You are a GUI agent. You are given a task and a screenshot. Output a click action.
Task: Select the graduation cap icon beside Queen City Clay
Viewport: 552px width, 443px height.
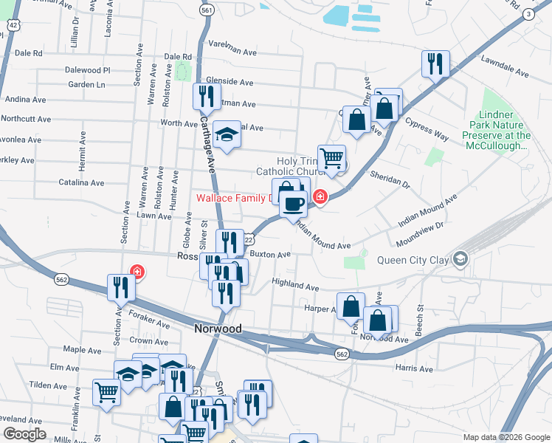tap(461, 258)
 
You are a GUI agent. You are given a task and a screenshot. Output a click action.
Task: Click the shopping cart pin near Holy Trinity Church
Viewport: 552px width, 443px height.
tap(332, 158)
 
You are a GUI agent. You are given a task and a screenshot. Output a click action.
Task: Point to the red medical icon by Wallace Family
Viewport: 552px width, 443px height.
tap(320, 196)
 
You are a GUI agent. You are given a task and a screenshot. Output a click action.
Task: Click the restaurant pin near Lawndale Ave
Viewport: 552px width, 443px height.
tap(435, 64)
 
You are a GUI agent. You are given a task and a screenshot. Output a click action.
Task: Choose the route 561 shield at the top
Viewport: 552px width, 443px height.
tap(207, 10)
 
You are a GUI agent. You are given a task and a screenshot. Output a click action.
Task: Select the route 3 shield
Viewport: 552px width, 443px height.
tap(528, 14)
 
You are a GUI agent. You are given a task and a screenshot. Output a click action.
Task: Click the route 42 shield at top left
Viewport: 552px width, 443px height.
tap(13, 24)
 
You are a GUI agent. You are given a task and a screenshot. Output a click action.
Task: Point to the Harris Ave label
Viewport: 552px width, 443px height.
tap(413, 367)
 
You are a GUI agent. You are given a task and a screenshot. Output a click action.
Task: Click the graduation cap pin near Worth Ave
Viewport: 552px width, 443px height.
tap(227, 135)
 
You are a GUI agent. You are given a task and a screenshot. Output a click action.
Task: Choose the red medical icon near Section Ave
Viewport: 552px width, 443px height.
tap(137, 272)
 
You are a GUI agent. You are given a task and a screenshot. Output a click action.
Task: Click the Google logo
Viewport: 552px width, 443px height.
tap(25, 434)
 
